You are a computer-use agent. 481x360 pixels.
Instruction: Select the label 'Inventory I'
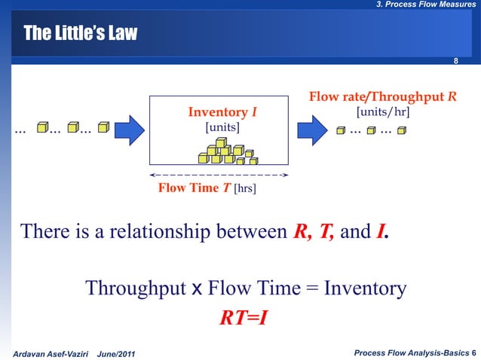point(222,113)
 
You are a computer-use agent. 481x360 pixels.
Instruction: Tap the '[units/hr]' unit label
point(383,111)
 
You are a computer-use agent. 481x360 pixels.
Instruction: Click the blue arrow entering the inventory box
point(128,129)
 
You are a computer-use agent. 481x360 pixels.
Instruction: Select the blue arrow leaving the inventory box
point(311,129)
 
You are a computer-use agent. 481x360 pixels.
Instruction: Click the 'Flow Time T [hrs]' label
point(207,188)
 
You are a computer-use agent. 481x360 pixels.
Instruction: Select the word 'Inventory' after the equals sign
point(365,288)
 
